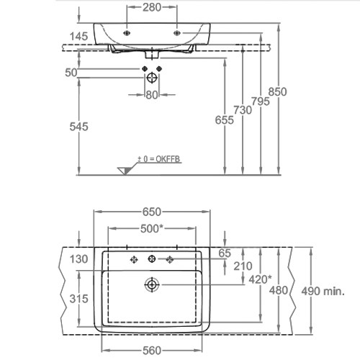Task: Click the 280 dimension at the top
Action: click(152, 7)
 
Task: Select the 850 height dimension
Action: click(277, 91)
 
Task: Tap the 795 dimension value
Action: click(261, 102)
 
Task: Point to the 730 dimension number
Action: click(243, 110)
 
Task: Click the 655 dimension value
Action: click(224, 120)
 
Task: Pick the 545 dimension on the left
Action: click(78, 127)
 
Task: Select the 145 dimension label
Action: click(78, 37)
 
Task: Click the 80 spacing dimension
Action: click(152, 95)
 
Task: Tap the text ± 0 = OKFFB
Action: click(158, 159)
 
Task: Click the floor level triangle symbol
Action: click(125, 171)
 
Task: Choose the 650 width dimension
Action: click(152, 212)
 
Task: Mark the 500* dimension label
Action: click(152, 229)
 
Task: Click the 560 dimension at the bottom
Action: click(152, 351)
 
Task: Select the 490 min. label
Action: click(323, 292)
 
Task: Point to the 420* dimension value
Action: click(260, 279)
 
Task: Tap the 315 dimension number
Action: click(78, 299)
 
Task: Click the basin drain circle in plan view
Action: click(152, 285)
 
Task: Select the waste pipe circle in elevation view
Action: click(152, 78)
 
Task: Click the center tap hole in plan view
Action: click(152, 258)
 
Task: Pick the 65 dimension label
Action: click(225, 253)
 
